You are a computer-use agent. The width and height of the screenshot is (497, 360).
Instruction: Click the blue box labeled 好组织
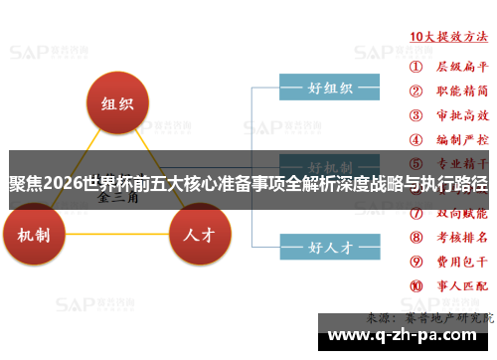point(330,87)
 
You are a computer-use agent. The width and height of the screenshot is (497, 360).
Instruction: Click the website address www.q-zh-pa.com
point(405,335)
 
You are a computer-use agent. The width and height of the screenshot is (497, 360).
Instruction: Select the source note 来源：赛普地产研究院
point(429,317)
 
